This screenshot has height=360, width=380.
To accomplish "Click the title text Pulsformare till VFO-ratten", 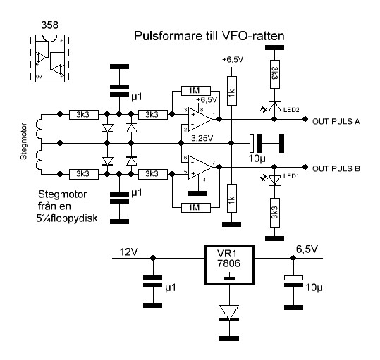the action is click(209, 36).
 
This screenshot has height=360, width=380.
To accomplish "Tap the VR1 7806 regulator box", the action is click(229, 265).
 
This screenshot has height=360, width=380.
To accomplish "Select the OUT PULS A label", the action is click(336, 122).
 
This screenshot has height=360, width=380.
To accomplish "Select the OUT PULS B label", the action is click(336, 169).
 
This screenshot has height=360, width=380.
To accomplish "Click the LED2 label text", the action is click(291, 110).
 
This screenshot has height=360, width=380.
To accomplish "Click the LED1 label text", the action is click(291, 176).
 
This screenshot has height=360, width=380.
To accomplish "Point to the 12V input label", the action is click(129, 252).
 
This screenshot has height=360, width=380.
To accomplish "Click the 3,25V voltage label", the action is click(202, 138).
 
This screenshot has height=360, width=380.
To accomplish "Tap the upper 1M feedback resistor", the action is click(196, 91).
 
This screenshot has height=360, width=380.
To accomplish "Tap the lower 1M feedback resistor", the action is click(196, 208).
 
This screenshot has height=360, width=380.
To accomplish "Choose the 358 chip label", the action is click(49, 25).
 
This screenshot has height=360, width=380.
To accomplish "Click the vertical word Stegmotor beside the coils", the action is click(23, 142).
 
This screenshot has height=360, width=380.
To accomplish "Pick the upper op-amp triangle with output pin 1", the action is click(200, 119).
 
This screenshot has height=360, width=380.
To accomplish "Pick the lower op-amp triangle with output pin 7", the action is click(200, 167).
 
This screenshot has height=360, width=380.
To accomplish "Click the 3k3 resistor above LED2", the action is click(274, 74).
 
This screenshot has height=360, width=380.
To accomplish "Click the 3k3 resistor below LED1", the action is click(274, 213).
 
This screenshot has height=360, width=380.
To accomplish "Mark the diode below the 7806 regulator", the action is click(229, 312).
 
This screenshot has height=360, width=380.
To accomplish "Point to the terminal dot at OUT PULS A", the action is click(305, 119).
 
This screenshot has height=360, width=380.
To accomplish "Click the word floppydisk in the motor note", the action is click(73, 218).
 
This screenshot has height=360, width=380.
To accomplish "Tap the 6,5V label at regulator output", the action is click(307, 249).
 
